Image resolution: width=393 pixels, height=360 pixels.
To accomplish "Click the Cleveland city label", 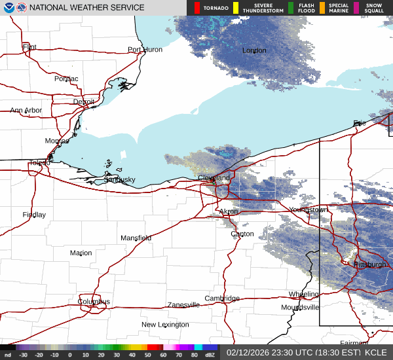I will click(214, 178).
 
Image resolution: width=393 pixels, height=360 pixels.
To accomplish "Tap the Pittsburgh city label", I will click(370, 264).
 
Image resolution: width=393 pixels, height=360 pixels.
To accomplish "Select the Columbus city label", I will click(94, 302).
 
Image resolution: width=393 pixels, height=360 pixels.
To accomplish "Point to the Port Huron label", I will click(145, 50).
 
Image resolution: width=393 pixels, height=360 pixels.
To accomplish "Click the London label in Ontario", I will click(254, 50).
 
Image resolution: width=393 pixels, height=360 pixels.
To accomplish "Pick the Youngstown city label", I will click(308, 209).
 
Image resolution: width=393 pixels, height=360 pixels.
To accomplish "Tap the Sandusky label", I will click(120, 179).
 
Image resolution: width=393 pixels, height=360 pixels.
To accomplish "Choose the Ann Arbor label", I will click(26, 111).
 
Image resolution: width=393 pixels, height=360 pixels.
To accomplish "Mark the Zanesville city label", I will click(183, 305).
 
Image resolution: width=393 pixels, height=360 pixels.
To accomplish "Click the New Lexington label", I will click(165, 325).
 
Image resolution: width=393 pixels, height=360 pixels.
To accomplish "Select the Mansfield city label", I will click(136, 238).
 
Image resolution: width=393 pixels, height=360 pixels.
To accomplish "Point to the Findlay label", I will click(34, 215).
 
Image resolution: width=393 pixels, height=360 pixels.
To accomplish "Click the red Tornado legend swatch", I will click(196, 8).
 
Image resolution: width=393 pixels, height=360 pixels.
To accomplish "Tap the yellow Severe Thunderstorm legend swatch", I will click(235, 8).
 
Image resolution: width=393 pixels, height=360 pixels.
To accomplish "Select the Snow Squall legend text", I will click(375, 8).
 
